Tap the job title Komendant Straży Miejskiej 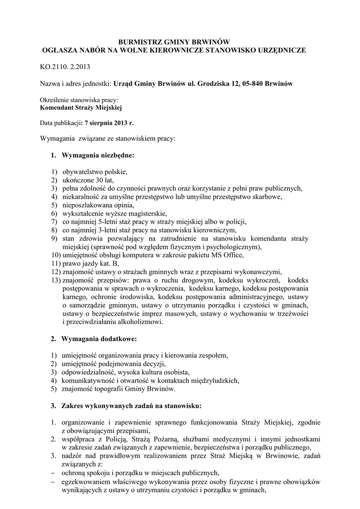pos(81,107)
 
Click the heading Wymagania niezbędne pos(97,156)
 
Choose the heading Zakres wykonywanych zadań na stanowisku pos(131,405)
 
